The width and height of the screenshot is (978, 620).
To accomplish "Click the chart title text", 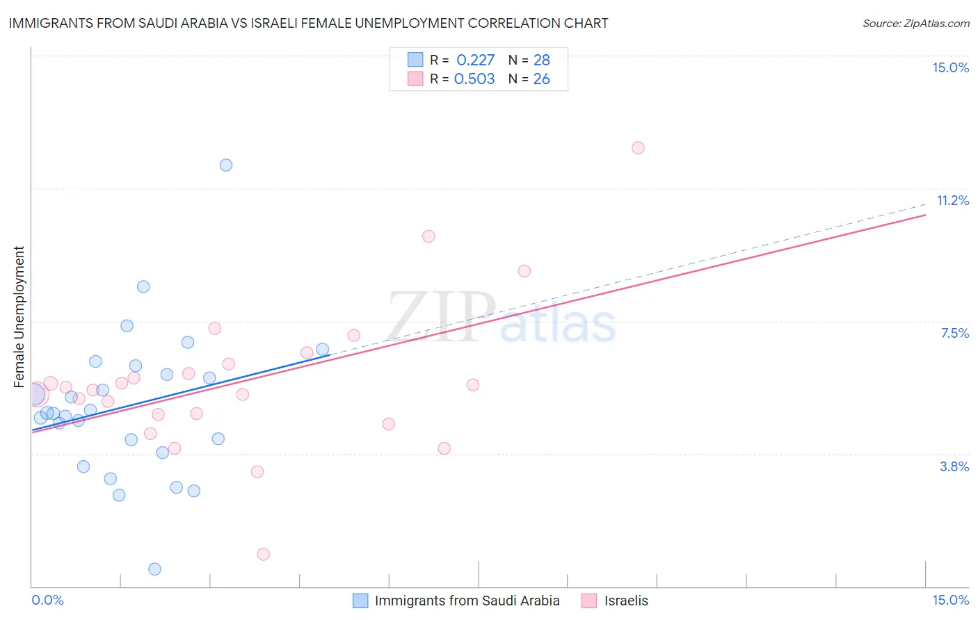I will (x=308, y=23).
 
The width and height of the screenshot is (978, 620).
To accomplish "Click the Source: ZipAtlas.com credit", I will (x=915, y=23).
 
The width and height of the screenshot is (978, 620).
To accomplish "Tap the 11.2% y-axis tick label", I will (x=952, y=200).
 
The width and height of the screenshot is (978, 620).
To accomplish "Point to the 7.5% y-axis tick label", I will (x=954, y=333).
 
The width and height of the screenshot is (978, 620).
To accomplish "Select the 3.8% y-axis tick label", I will (x=954, y=466).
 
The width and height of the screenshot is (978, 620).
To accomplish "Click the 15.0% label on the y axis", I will (x=950, y=67).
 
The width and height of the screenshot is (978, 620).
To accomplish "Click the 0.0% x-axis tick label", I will (x=47, y=600).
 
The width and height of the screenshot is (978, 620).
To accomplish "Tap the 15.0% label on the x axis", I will (x=950, y=600).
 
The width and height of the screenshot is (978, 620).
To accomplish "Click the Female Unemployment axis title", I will (x=19, y=316).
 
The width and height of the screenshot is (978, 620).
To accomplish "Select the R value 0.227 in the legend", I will (x=475, y=60).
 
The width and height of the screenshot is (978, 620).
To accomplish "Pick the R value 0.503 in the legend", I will (x=474, y=79).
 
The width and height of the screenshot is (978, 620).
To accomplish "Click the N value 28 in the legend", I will (x=541, y=60).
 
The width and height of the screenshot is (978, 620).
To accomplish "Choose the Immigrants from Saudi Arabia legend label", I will (x=467, y=601).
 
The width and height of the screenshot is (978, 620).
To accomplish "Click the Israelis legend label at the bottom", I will (x=626, y=601).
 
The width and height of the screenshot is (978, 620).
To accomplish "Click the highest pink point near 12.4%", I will (x=638, y=147).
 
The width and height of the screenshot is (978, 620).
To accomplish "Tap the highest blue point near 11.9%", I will (x=226, y=165).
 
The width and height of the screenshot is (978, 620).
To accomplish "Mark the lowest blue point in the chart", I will (x=155, y=569).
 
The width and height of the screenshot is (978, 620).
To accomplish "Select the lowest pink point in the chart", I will (x=263, y=554).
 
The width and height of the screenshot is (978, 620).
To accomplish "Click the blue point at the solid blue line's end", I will (x=323, y=349).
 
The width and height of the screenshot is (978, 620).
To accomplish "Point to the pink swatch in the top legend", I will (x=415, y=79).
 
